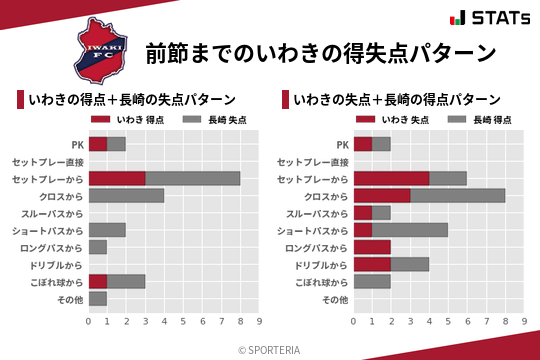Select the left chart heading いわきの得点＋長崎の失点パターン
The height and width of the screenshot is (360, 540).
tap(132, 99)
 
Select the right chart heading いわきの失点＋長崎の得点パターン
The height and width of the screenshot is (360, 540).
tap(398, 99)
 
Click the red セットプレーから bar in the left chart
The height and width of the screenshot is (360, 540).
tap(117, 178)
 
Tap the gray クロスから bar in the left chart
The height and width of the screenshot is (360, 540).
tap(126, 195)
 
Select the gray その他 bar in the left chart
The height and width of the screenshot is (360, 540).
tap(98, 298)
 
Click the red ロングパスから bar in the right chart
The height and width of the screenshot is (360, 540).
tap(372, 247)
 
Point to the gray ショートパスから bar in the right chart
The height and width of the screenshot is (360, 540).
tap(410, 230)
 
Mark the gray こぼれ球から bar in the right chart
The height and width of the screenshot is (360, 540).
tap(372, 281)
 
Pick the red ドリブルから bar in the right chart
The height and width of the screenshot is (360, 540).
tap(372, 264)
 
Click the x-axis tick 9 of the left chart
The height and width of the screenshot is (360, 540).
tap(259, 321)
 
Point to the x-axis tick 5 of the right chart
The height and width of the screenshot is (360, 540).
tap(448, 321)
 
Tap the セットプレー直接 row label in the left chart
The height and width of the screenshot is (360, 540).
tap(48, 161)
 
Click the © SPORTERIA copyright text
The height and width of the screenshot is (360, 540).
tap(270, 349)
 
